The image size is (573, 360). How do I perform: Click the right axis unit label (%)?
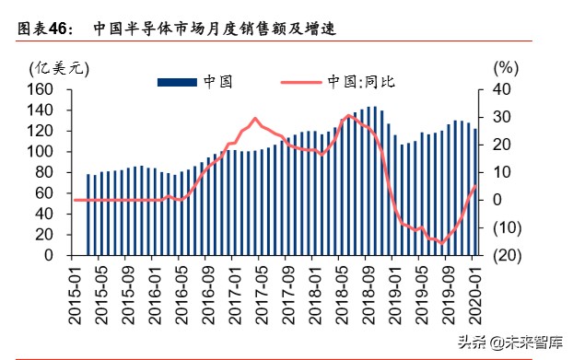pyautogui.click(x=506, y=67)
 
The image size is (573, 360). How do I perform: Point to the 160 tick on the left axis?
pyautogui.click(x=45, y=89)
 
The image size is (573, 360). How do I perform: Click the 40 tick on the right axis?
pyautogui.click(x=501, y=89)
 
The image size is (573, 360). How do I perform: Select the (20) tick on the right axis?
pyautogui.click(x=506, y=255)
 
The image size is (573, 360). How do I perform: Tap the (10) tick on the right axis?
pyautogui.click(x=506, y=227)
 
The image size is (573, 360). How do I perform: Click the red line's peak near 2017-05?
pyautogui.click(x=254, y=119)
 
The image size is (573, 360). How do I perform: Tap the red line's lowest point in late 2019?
pyautogui.click(x=442, y=243)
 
